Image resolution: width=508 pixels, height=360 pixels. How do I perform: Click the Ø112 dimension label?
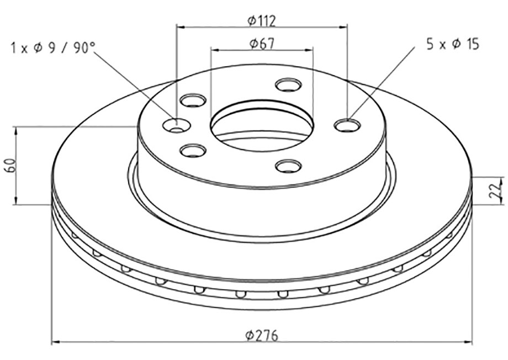pos(261,22)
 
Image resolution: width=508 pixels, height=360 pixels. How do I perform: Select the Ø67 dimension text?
pos(262,44)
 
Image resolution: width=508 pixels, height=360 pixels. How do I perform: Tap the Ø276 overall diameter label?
pos(262,336)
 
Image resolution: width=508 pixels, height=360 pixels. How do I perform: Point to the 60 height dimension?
pos(10,166)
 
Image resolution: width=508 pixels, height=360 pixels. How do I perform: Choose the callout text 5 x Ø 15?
pos(453,44)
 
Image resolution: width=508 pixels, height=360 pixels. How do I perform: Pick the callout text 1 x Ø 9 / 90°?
pos(54,48)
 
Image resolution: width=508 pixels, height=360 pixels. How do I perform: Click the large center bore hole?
pos(262,126)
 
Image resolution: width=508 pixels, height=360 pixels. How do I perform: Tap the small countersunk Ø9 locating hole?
pos(176,125)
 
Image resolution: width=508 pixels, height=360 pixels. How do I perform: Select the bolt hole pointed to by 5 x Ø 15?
pos(347,125)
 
